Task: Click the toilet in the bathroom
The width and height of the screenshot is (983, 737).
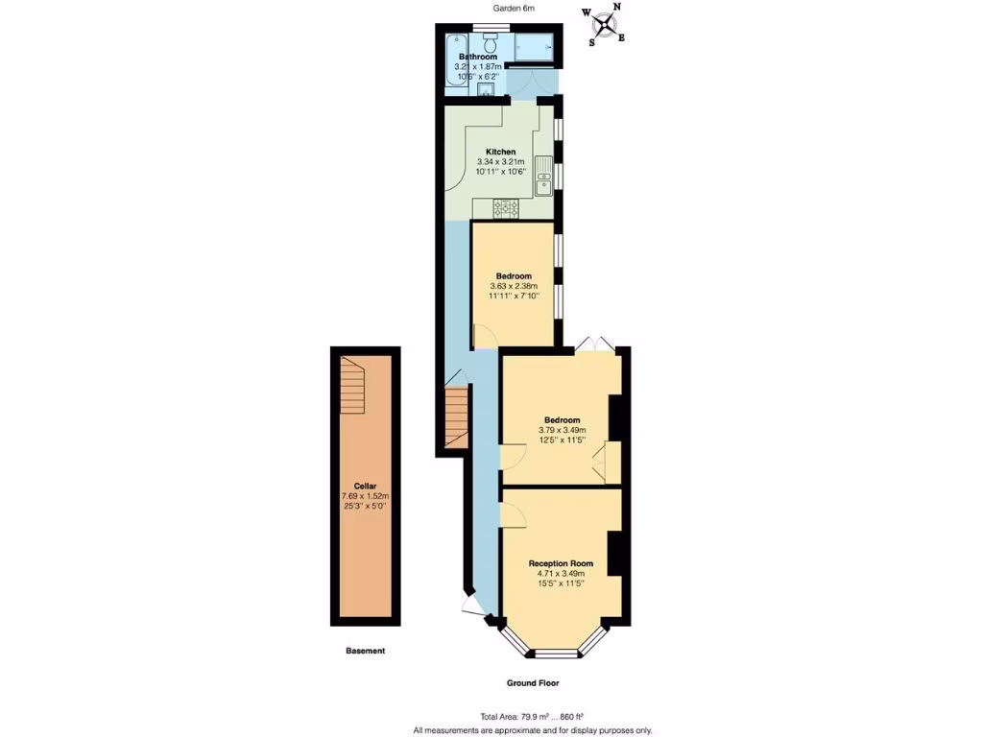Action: [x=490, y=43]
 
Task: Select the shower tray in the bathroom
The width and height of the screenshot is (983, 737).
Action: [x=535, y=47]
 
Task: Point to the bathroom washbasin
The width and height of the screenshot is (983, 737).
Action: [x=486, y=90]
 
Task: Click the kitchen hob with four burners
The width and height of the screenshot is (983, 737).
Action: [x=506, y=206]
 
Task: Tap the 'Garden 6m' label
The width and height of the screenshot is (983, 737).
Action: [x=514, y=8]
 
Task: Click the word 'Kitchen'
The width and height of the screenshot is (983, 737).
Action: [x=500, y=152]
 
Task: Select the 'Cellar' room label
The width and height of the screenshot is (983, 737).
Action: [x=365, y=486]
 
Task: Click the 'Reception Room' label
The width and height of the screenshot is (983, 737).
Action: [x=561, y=563]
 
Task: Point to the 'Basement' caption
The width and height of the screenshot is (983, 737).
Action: [x=365, y=651]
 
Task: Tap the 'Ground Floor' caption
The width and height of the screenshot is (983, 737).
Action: [x=533, y=683]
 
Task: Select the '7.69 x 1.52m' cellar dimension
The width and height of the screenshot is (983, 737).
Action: [x=365, y=495]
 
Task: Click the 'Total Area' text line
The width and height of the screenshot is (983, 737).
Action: [x=532, y=717]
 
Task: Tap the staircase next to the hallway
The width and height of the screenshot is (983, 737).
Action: [x=456, y=416]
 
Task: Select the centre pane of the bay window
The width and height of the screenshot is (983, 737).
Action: [x=557, y=654]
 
